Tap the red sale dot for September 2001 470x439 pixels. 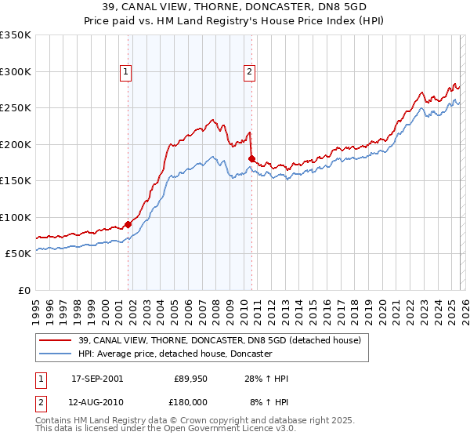tap(128, 224)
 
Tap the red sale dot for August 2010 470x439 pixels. tap(251, 159)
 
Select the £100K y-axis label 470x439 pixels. tap(16, 217)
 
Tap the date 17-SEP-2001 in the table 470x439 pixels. tap(96, 379)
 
